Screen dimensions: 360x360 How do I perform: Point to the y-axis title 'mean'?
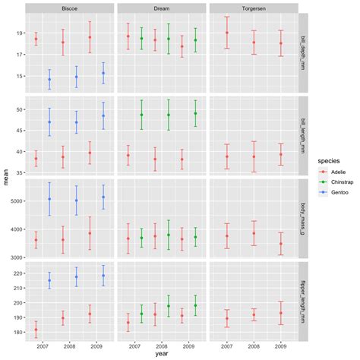pyautogui.click(x=7, y=179)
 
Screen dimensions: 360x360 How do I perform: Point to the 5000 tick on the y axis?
pyautogui.click(x=14, y=201)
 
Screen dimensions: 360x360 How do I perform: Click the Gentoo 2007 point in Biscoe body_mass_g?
pyautogui.click(x=49, y=199)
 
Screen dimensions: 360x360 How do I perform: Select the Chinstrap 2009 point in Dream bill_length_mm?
pyautogui.click(x=195, y=113)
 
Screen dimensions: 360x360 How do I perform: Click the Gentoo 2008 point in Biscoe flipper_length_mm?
pyautogui.click(x=76, y=276)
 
